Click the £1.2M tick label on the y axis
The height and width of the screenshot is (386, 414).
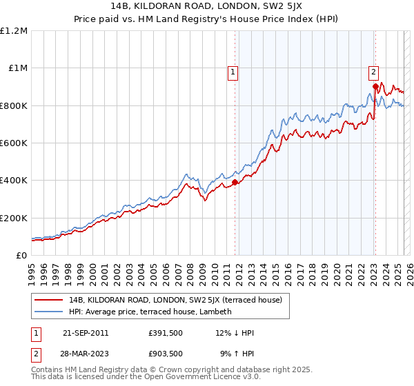tap(14, 31)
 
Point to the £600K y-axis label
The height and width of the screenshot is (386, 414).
tap(14, 143)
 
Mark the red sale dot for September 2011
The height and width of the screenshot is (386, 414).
tap(235, 182)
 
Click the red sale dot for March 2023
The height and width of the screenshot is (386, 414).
tap(375, 86)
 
